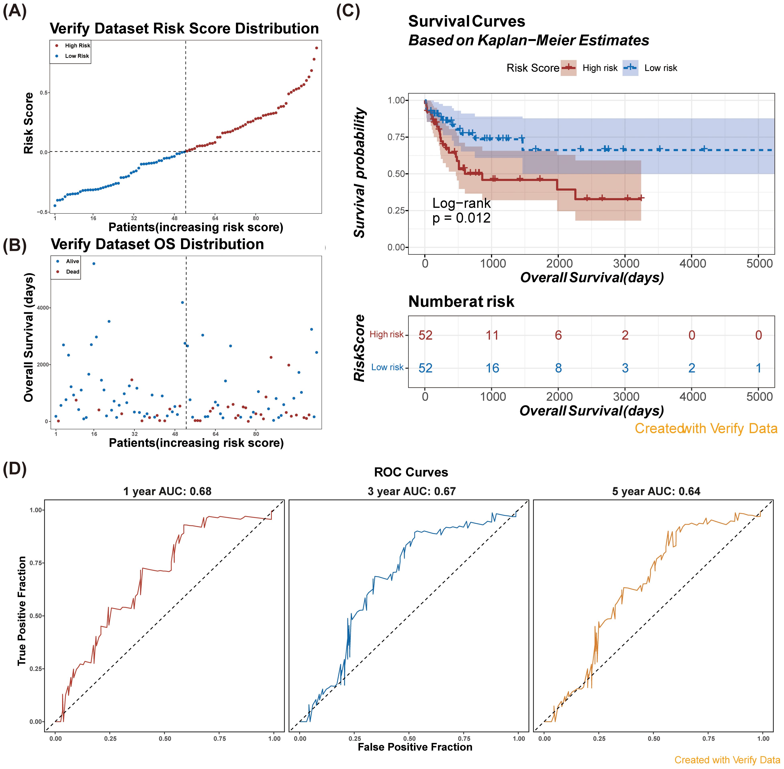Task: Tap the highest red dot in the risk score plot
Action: click(316, 48)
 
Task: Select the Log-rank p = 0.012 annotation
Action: click(461, 210)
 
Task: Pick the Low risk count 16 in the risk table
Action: click(492, 368)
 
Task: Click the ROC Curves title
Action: click(411, 472)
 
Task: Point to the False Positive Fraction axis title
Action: click(415, 747)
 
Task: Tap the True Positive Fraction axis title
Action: click(22, 611)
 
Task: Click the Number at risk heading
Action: click(461, 301)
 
